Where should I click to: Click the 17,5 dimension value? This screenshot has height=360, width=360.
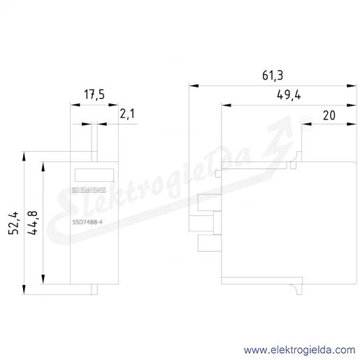[x=94, y=94]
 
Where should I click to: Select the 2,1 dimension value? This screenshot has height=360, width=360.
[x=127, y=114]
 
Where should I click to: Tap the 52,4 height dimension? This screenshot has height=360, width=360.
[x=13, y=223]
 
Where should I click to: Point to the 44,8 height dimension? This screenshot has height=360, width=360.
[x=32, y=223]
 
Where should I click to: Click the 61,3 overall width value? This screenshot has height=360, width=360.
[x=273, y=75]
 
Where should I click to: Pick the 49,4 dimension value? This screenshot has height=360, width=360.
[x=289, y=95]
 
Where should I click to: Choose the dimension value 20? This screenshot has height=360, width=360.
[x=329, y=115]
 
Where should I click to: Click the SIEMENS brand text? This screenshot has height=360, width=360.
[x=89, y=190]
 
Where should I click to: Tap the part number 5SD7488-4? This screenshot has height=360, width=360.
[x=87, y=222]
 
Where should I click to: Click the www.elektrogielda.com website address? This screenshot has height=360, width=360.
[x=299, y=350]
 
